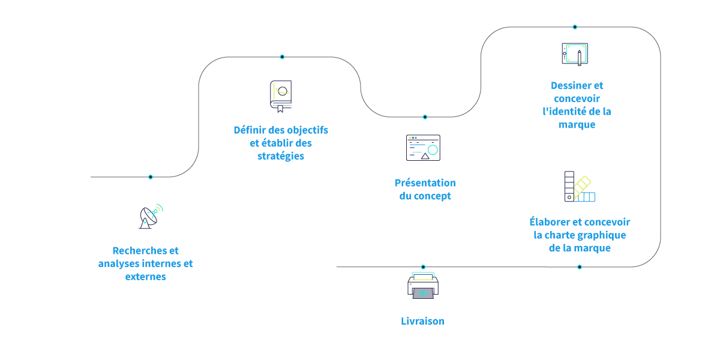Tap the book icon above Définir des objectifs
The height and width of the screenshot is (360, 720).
(x=280, y=96)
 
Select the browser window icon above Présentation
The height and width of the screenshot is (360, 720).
(x=423, y=148)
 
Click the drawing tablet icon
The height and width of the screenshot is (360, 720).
(x=574, y=54)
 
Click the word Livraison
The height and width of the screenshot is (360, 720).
(x=422, y=321)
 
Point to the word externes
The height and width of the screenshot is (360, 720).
(x=146, y=277)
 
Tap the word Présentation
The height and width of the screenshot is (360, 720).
(x=425, y=183)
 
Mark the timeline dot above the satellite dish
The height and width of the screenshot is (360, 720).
(x=151, y=177)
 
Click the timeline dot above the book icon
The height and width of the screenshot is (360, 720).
(x=282, y=57)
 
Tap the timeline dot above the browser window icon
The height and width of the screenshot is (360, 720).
(x=425, y=117)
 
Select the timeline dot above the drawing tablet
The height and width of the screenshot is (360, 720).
(x=575, y=27)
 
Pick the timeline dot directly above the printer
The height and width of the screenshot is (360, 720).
(x=423, y=267)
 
